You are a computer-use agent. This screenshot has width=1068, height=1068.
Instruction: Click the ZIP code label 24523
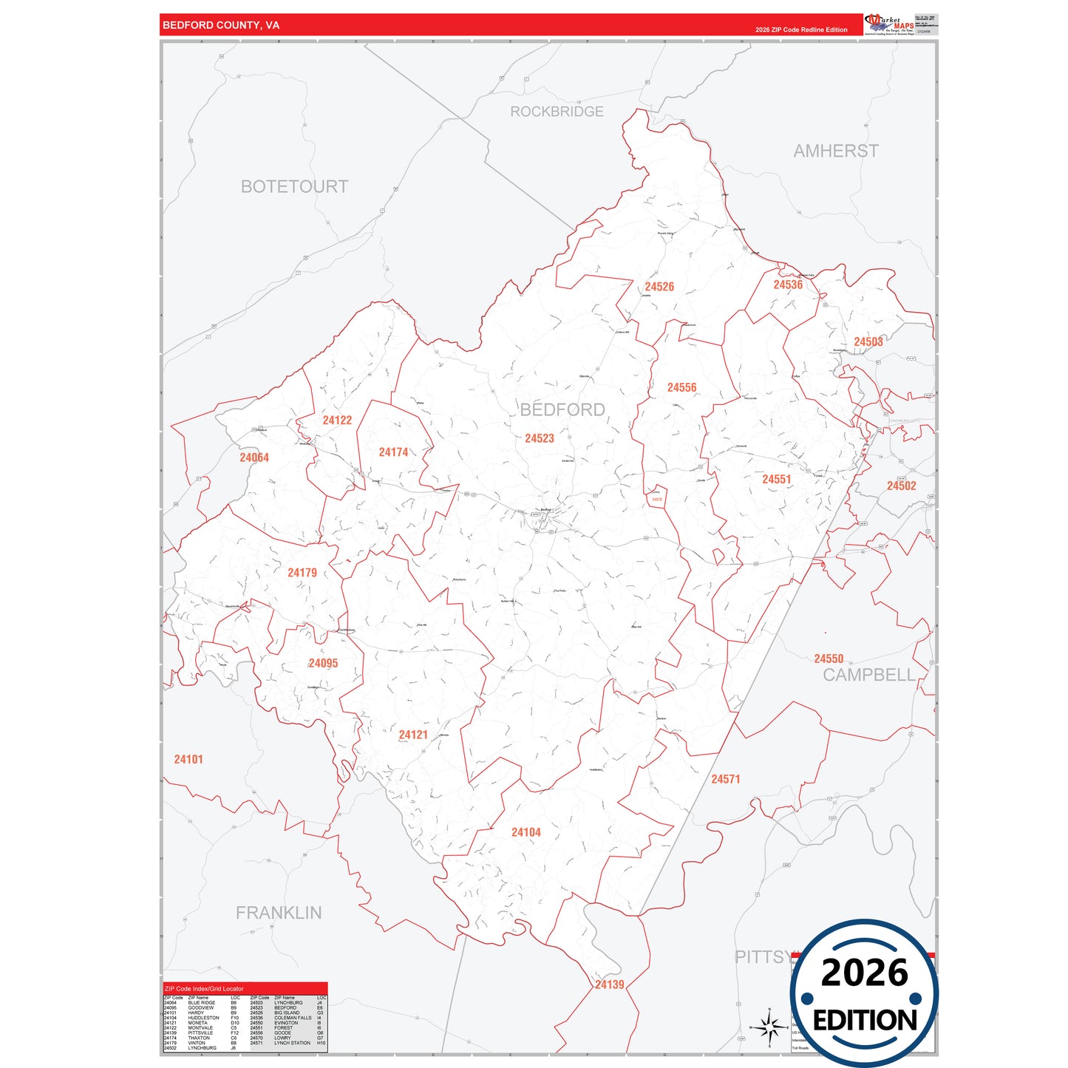pos(540,438)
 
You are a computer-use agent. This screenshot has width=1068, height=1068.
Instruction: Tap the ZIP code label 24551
pos(777,480)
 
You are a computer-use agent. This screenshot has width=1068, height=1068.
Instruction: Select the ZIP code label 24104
pos(526,832)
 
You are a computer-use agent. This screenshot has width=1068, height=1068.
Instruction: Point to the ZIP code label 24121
pos(413,735)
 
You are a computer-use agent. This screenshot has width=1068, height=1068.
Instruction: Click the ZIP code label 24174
pos(393,452)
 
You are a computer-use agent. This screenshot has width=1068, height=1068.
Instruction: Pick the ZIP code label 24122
pos(337,421)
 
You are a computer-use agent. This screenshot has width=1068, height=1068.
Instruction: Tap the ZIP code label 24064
pos(254,458)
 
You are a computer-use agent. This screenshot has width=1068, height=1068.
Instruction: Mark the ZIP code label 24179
pos(302,573)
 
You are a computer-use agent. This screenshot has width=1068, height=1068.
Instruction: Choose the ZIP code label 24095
pos(323,663)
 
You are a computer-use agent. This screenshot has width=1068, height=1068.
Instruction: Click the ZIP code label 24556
pos(681,387)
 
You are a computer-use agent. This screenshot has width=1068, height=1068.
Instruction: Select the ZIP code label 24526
pos(659,287)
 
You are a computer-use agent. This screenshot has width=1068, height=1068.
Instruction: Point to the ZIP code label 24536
pos(788,285)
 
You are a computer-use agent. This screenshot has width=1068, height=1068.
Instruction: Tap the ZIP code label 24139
pos(610,984)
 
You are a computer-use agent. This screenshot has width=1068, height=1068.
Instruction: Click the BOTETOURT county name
pos(294,187)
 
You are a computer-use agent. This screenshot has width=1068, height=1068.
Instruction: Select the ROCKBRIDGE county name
pos(557,112)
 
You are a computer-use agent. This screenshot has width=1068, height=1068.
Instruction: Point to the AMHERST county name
pos(836,151)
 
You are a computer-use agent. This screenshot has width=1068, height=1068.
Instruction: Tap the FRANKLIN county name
pos(279,913)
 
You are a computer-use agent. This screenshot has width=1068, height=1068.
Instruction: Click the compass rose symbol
pos(769,1027)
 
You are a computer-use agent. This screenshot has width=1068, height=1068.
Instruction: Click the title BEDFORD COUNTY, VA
pos(221,25)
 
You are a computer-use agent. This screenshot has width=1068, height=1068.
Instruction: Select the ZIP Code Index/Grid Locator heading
pos(204,988)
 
